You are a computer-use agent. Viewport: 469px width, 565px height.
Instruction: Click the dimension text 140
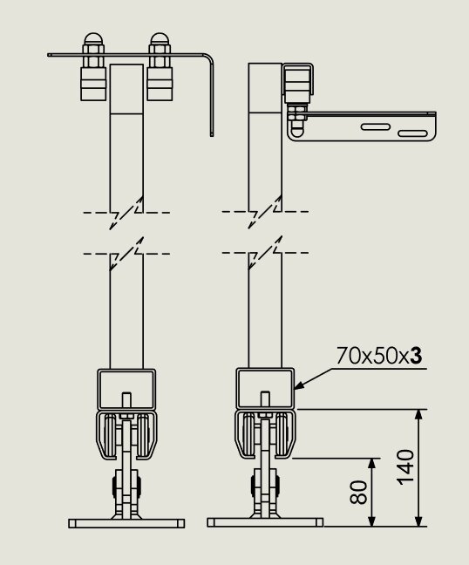click(x=405, y=467)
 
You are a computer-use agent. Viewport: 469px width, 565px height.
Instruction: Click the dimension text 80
click(x=359, y=492)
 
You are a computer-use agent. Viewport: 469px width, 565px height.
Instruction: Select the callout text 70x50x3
click(x=379, y=356)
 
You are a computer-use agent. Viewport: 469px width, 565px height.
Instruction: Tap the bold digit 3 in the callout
click(x=416, y=356)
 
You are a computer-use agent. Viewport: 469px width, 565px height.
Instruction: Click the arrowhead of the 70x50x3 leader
click(x=299, y=385)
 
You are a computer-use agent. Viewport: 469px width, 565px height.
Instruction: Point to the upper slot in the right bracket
click(x=376, y=126)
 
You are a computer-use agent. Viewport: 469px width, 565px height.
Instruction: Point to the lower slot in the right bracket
click(x=413, y=133)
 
